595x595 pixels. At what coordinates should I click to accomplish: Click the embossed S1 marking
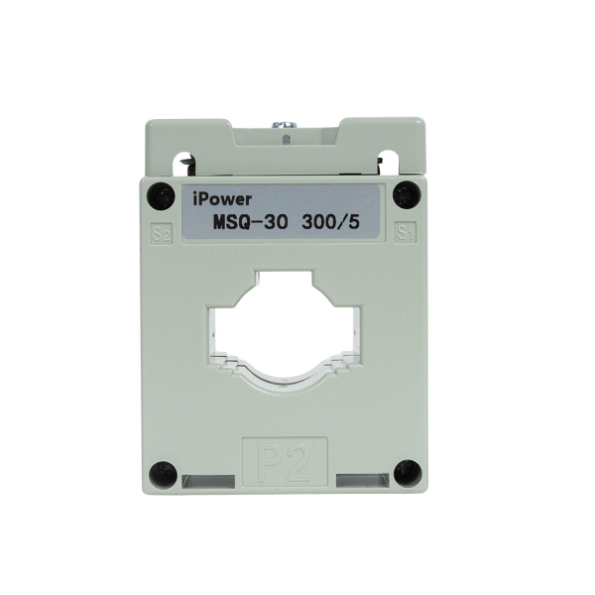coord(404,234)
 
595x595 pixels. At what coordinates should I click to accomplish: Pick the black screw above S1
coord(402,194)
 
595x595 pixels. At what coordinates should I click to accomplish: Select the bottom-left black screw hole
coord(163,472)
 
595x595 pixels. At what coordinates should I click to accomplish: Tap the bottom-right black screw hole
coord(403,472)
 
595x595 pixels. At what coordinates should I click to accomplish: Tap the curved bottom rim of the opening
coord(285,375)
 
